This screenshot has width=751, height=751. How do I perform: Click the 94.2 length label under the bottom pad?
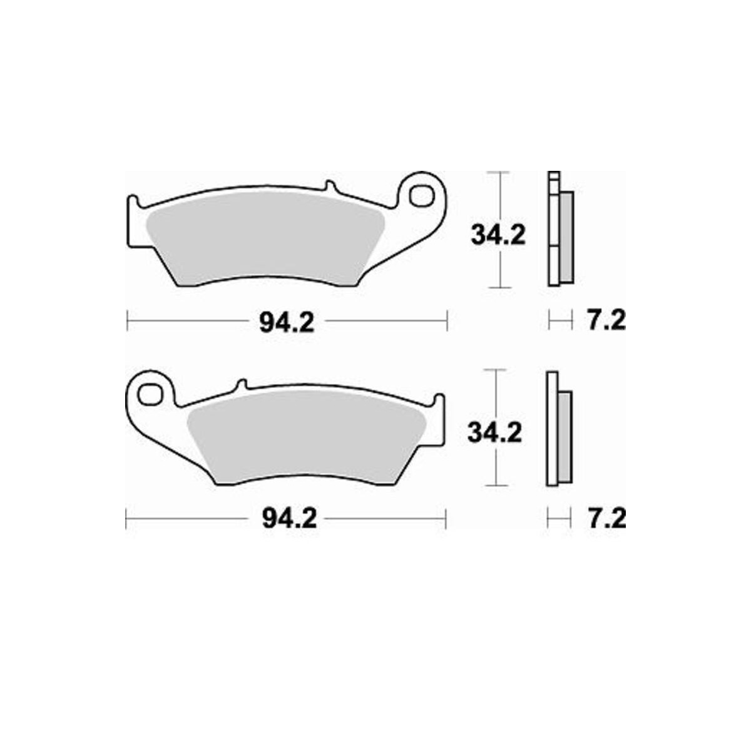[x=289, y=519]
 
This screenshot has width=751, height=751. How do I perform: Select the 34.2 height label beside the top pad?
[x=498, y=235]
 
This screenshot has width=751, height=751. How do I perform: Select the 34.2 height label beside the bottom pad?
[x=494, y=432]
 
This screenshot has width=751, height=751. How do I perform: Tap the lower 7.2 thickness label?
[x=607, y=518]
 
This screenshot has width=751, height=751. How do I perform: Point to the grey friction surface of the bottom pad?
[x=306, y=435]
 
